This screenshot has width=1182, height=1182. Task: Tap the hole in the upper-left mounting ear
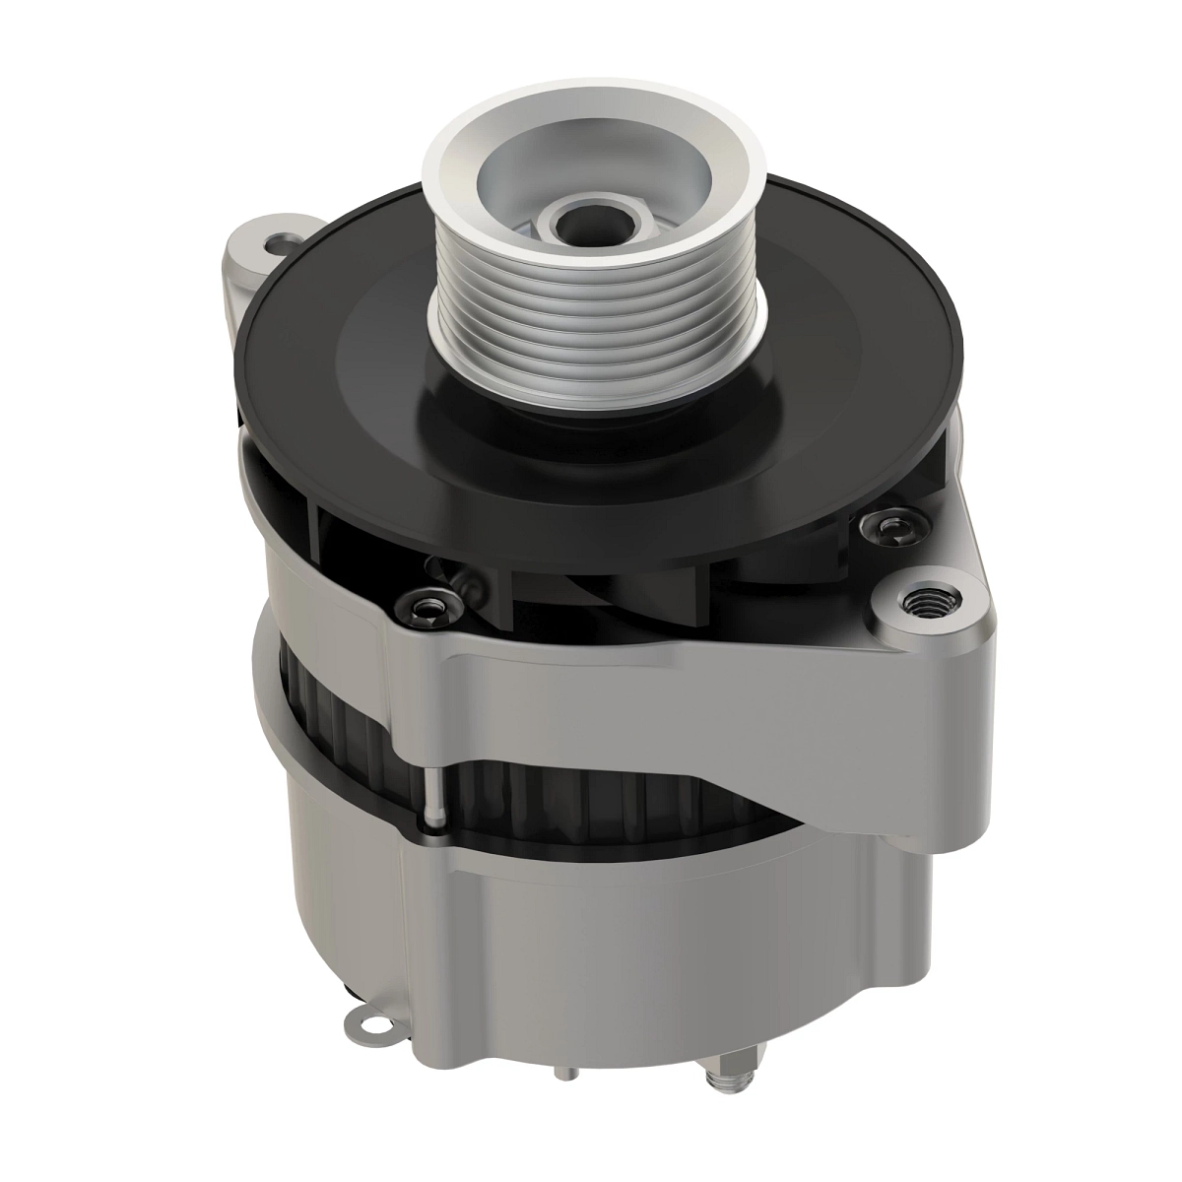(x=285, y=240)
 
